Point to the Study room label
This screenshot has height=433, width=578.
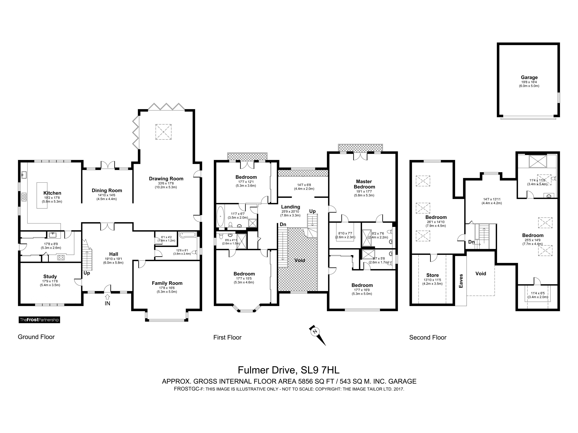(x=50, y=276)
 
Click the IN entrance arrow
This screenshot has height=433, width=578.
(x=107, y=297)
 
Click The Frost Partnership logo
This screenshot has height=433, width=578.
(x=39, y=320)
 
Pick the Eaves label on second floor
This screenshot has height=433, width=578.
(x=461, y=281)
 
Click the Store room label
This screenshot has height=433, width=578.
(x=433, y=275)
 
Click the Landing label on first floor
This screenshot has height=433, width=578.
(x=291, y=207)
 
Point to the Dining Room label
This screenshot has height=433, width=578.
(x=107, y=190)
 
